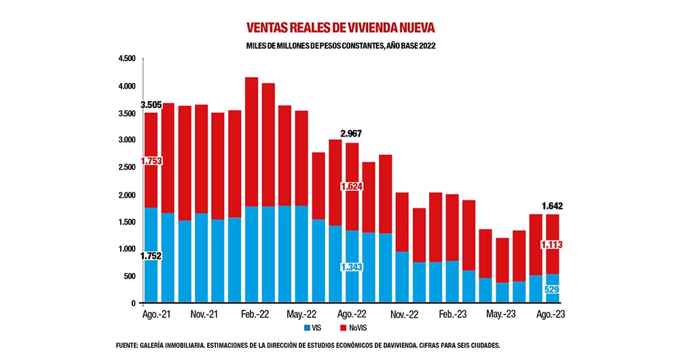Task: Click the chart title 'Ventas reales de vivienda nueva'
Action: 339,27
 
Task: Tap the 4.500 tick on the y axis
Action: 127,59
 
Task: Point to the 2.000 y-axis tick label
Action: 127,196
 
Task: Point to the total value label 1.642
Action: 551,206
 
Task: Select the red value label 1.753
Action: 151,161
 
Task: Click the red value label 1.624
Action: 352,185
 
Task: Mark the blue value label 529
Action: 551,290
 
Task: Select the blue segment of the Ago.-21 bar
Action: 151,224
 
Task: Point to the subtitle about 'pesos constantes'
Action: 339,46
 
